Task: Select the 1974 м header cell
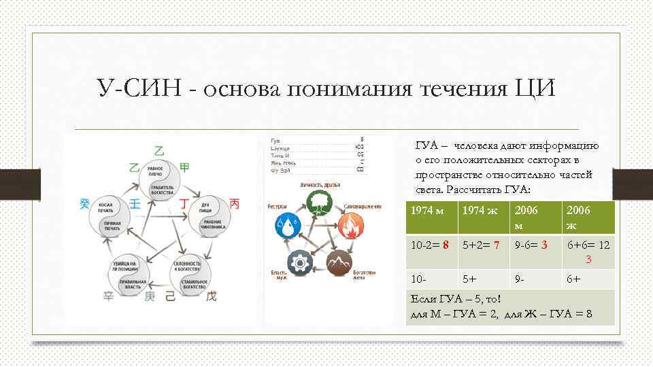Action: [429, 211]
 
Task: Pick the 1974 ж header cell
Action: [478, 211]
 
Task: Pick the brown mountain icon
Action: [339, 262]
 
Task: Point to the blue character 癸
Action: [84, 204]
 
